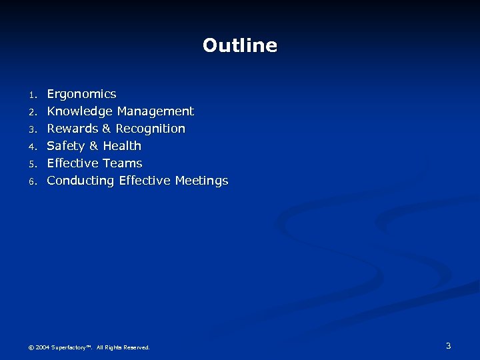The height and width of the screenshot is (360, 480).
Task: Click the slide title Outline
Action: [x=240, y=45]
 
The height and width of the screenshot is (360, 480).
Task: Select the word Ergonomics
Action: [x=81, y=94]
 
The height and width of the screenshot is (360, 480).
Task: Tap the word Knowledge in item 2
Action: [x=80, y=111]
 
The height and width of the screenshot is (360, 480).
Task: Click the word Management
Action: [x=155, y=111]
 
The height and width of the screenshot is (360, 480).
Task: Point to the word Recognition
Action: [x=151, y=129]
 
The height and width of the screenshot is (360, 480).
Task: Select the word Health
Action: [x=122, y=146]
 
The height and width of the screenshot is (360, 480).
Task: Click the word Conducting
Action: [x=81, y=181]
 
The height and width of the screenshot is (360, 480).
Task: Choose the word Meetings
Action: [x=201, y=181]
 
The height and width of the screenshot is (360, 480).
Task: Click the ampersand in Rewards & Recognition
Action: [x=107, y=129]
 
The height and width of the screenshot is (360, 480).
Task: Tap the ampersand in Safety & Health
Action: [x=92, y=146]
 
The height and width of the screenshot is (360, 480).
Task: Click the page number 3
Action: [x=448, y=345]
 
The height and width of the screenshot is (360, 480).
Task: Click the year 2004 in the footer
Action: [x=43, y=347]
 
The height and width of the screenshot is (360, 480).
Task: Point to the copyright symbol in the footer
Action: [x=30, y=347]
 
